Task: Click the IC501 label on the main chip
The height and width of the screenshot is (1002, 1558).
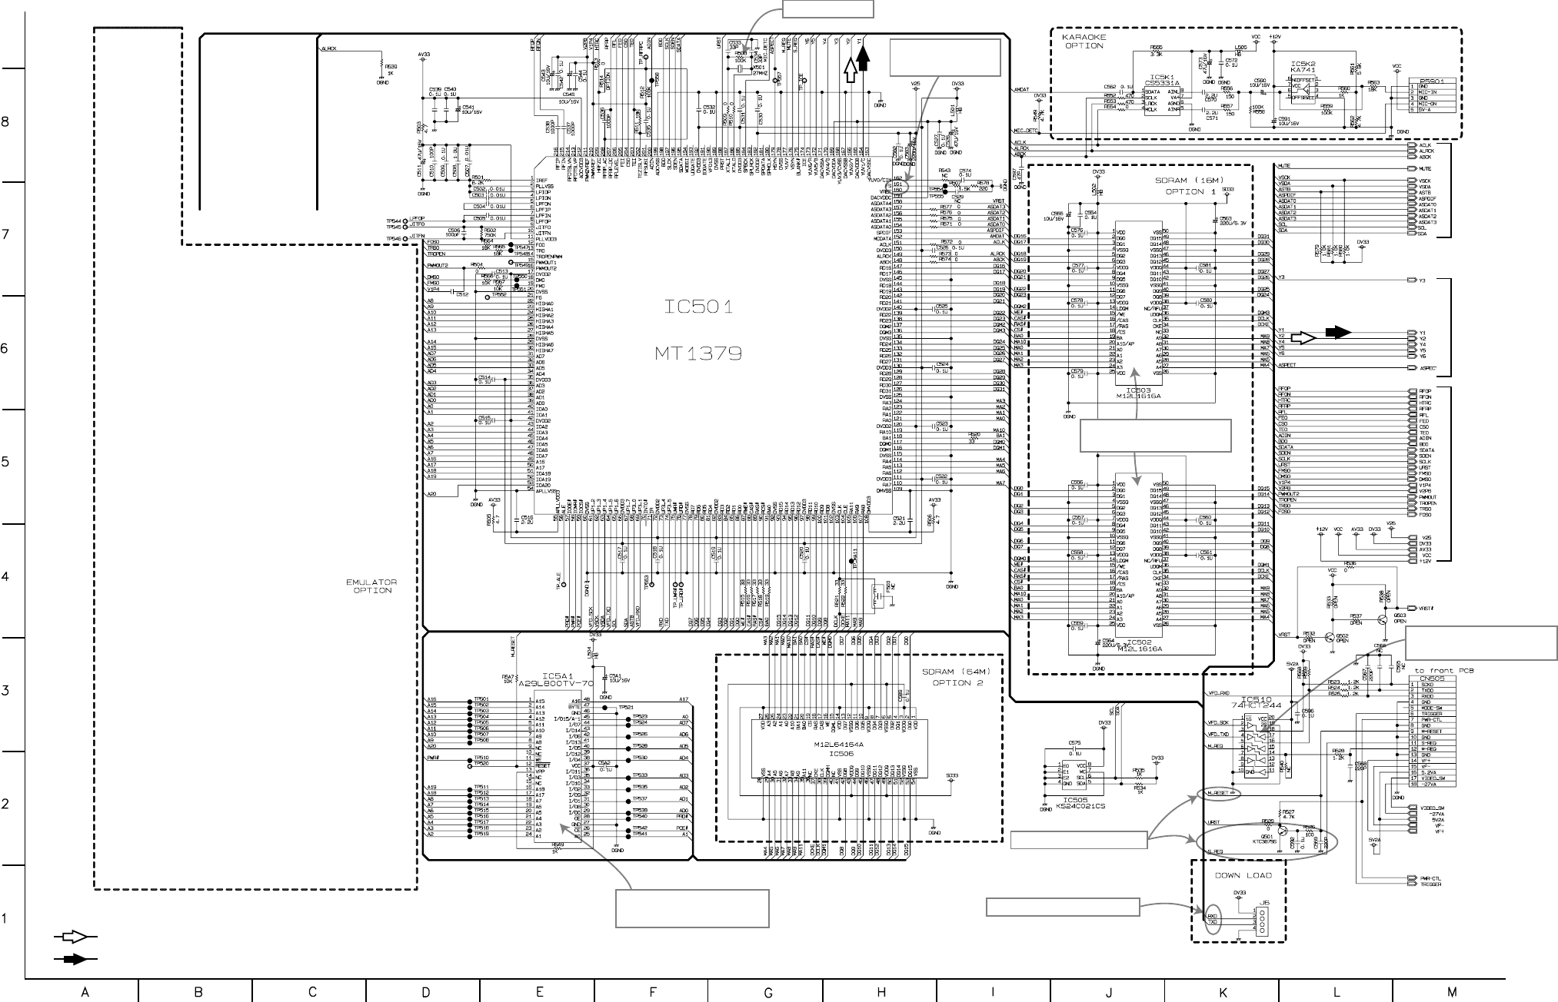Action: [698, 308]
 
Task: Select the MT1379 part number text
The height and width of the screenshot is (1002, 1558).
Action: [698, 353]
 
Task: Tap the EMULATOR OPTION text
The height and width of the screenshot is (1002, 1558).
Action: [372, 586]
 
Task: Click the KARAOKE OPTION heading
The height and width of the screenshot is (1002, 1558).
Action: [1084, 41]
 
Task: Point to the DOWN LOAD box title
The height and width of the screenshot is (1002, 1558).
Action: [1243, 875]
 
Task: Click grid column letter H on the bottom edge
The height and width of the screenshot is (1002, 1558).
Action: [881, 992]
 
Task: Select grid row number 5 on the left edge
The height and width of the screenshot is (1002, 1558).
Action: [6, 462]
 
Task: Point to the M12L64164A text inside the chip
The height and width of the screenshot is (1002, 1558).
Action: [838, 745]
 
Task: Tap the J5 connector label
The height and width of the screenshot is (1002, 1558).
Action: [1263, 904]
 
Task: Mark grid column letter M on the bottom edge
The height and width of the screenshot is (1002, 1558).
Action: [1450, 992]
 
